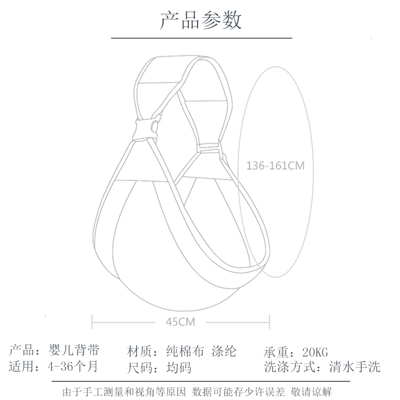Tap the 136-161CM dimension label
pyautogui.click(x=275, y=165)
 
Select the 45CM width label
pyautogui.click(x=180, y=321)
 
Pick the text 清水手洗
pyautogui.click(x=355, y=367)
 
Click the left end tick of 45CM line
pyautogui.click(x=92, y=321)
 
